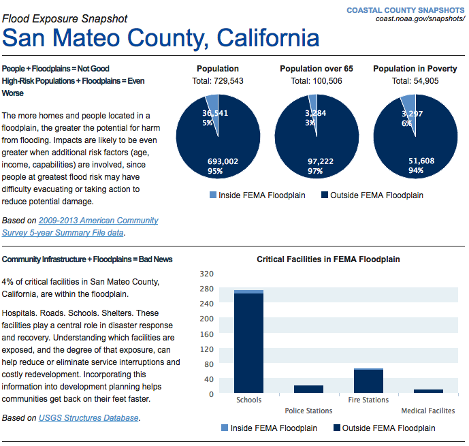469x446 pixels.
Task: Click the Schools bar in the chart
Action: click(249, 341)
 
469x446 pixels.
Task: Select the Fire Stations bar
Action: click(368, 381)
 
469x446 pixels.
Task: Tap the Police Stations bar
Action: click(308, 389)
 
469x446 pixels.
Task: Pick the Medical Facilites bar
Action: click(428, 391)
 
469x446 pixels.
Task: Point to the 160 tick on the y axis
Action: click(207, 334)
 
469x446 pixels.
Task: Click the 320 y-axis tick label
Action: click(207, 274)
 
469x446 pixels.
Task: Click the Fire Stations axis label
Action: click(368, 400)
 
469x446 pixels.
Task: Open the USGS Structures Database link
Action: click(88, 417)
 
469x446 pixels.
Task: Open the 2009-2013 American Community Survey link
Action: click(80, 227)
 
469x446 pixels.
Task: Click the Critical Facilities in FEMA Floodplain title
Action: click(328, 259)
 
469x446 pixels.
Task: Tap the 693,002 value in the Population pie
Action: click(223, 161)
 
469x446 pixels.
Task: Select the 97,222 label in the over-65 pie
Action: click(321, 161)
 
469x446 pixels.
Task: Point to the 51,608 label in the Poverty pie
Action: click(421, 161)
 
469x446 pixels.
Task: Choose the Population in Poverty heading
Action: click(415, 69)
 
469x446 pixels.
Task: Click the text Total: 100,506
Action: click(317, 81)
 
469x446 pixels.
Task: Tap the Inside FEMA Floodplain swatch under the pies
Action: click(213, 195)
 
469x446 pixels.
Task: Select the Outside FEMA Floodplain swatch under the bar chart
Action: click(337, 428)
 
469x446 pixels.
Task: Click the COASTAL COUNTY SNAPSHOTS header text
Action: click(406, 10)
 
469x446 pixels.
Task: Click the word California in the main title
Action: click(268, 38)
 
